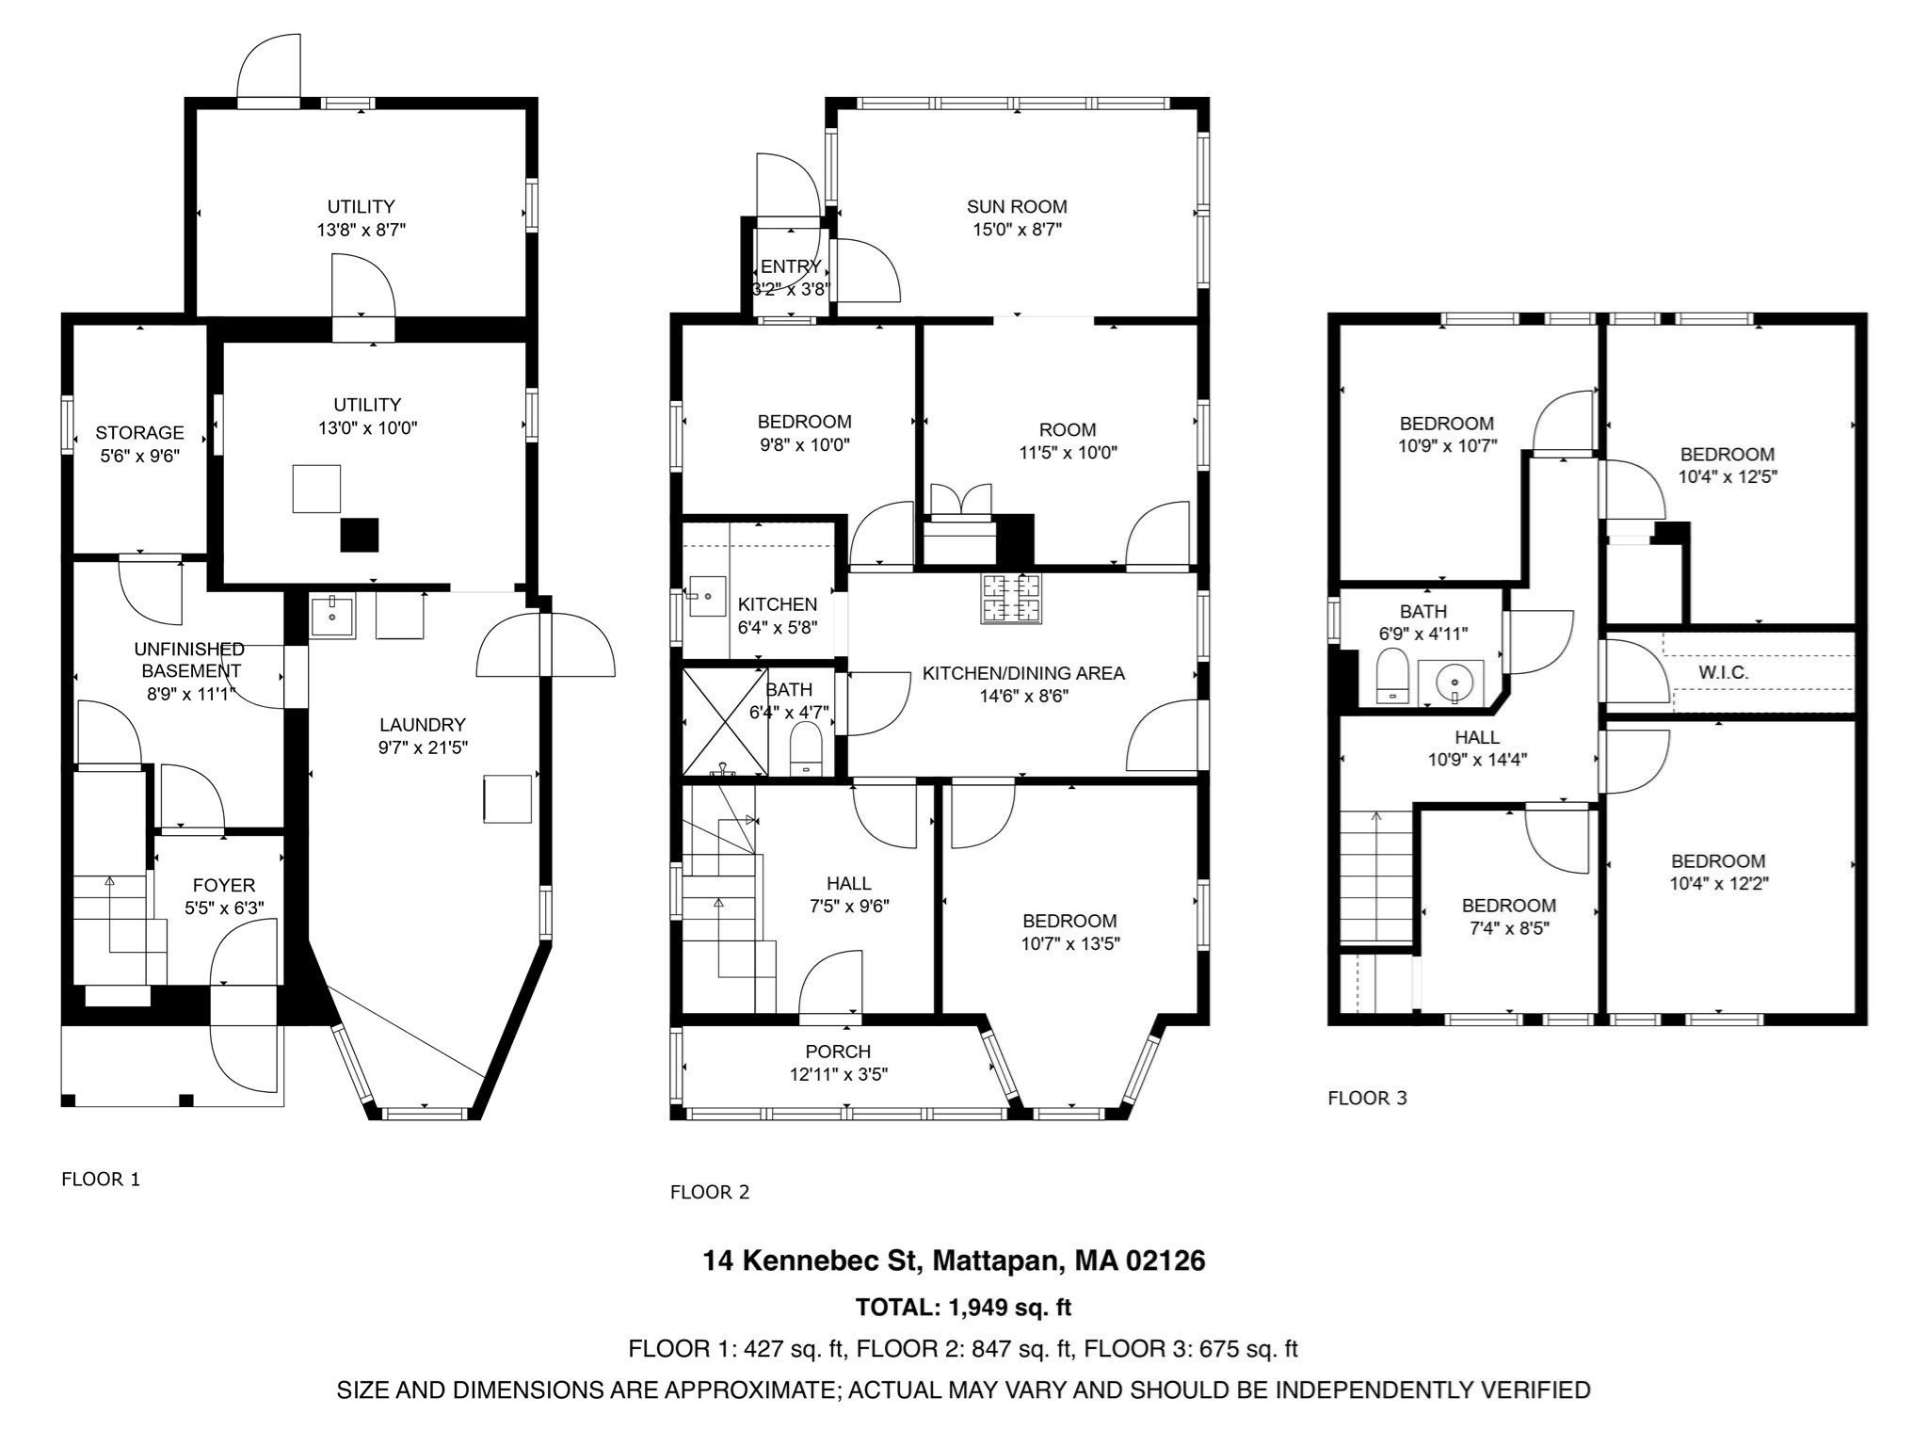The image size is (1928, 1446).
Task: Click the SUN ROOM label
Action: click(x=1017, y=206)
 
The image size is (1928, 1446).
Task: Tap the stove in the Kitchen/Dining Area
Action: click(x=1011, y=597)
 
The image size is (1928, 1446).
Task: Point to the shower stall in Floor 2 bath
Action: click(x=723, y=721)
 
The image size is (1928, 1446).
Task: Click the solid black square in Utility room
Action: click(x=359, y=535)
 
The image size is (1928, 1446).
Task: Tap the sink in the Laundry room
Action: click(x=332, y=616)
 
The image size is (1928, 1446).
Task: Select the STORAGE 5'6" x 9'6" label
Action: click(x=139, y=444)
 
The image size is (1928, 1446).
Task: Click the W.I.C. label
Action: click(x=1723, y=673)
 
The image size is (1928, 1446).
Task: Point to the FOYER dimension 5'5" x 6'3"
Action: click(x=224, y=908)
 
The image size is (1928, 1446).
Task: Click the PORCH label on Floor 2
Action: click(x=838, y=1051)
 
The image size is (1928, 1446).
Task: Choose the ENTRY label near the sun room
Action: click(x=791, y=266)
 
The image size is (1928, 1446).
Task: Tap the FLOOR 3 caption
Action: click(x=1367, y=1098)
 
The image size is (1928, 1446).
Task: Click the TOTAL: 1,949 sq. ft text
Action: click(x=963, y=1307)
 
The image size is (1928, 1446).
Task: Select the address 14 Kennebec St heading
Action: click(x=954, y=1261)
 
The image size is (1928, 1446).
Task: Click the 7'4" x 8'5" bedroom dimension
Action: click(x=1508, y=928)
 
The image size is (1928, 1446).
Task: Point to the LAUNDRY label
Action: click(x=423, y=725)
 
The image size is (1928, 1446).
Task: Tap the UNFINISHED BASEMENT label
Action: click(x=190, y=660)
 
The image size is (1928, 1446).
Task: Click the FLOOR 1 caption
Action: click(x=101, y=1179)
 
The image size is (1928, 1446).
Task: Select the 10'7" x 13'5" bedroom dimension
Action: click(x=1070, y=943)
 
